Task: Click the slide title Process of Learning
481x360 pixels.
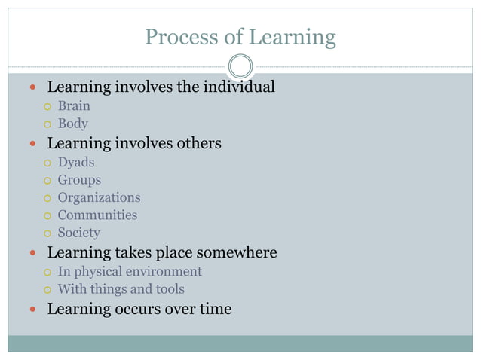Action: [240, 36]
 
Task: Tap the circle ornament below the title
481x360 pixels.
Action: [240, 66]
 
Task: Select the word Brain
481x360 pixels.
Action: [74, 106]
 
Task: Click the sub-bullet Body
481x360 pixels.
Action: [73, 124]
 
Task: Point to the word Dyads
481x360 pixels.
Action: [76, 162]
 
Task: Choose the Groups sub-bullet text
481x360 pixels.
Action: [79, 180]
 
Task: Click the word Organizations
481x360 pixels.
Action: [99, 197]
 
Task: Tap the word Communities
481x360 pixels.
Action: [97, 215]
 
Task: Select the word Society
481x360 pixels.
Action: [78, 233]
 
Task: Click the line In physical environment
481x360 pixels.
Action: [130, 271]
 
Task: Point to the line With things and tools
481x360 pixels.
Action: [121, 289]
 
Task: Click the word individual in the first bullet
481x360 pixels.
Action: [239, 87]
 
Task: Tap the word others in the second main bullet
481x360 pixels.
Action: [198, 143]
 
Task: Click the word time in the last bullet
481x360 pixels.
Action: [215, 309]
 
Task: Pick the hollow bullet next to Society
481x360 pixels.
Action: [47, 233]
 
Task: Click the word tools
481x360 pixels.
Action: [168, 289]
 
